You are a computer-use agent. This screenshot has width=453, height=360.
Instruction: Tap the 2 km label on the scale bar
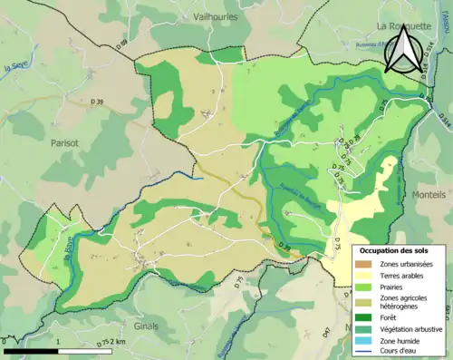click(x=117, y=343)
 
